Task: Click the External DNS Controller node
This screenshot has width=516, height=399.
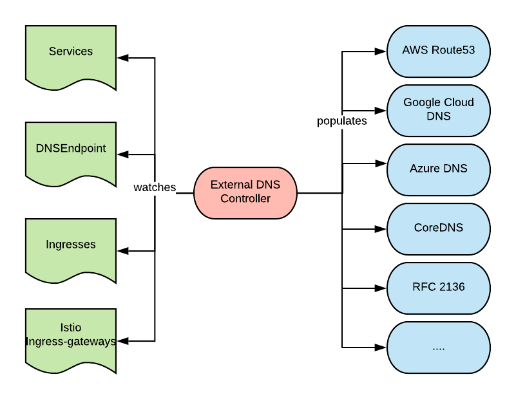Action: coord(245,192)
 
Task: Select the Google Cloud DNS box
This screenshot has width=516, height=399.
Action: coord(439,110)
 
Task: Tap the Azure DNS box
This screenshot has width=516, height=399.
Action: coord(439,169)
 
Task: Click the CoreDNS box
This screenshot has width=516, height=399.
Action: coord(439,228)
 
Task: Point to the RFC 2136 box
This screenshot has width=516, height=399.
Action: coord(439,288)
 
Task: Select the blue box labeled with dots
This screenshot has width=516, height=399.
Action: coord(439,347)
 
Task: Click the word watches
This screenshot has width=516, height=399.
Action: coord(155,187)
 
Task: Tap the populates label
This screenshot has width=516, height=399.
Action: coord(341,121)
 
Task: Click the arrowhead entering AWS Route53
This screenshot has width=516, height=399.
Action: coord(381,51)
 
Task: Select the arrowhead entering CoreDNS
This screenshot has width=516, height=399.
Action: coord(381,228)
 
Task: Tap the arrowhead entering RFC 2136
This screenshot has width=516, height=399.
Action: coord(381,288)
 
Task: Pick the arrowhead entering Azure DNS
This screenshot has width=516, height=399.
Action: coord(381,164)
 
